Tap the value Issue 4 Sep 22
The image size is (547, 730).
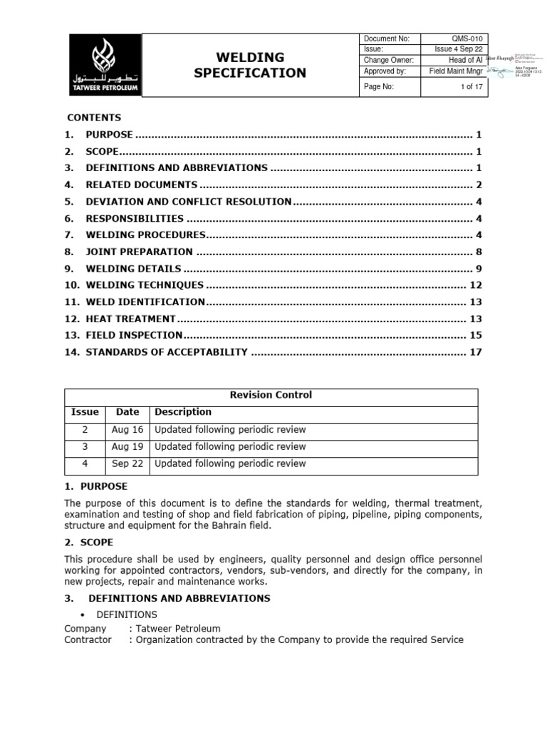click(457, 49)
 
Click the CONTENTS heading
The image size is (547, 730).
click(94, 118)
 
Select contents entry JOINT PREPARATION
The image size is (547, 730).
click(139, 252)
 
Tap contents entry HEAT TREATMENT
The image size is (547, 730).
click(130, 319)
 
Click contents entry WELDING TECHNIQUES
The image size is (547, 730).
click(145, 285)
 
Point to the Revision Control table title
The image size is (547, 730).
click(271, 395)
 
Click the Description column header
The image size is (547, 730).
click(183, 412)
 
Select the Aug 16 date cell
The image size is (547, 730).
click(127, 429)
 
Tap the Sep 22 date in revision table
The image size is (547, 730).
click(127, 463)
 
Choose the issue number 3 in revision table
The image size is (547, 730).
click(85, 446)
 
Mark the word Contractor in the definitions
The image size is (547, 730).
click(88, 639)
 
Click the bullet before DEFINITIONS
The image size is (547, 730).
click(85, 615)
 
